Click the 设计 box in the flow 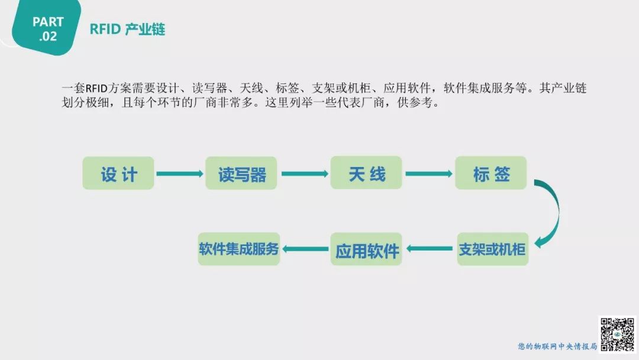click(118, 173)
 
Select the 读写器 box click(241, 173)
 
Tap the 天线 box click(366, 173)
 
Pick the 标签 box click(491, 173)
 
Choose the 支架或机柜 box click(492, 249)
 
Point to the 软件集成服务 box click(239, 249)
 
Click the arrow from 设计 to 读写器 click(179, 173)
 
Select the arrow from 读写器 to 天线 click(304, 173)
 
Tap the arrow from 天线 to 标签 click(429, 173)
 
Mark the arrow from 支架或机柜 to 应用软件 click(430, 249)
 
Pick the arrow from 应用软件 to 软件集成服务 click(305, 249)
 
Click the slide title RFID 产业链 click(127, 30)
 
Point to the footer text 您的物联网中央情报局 click(557, 346)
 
